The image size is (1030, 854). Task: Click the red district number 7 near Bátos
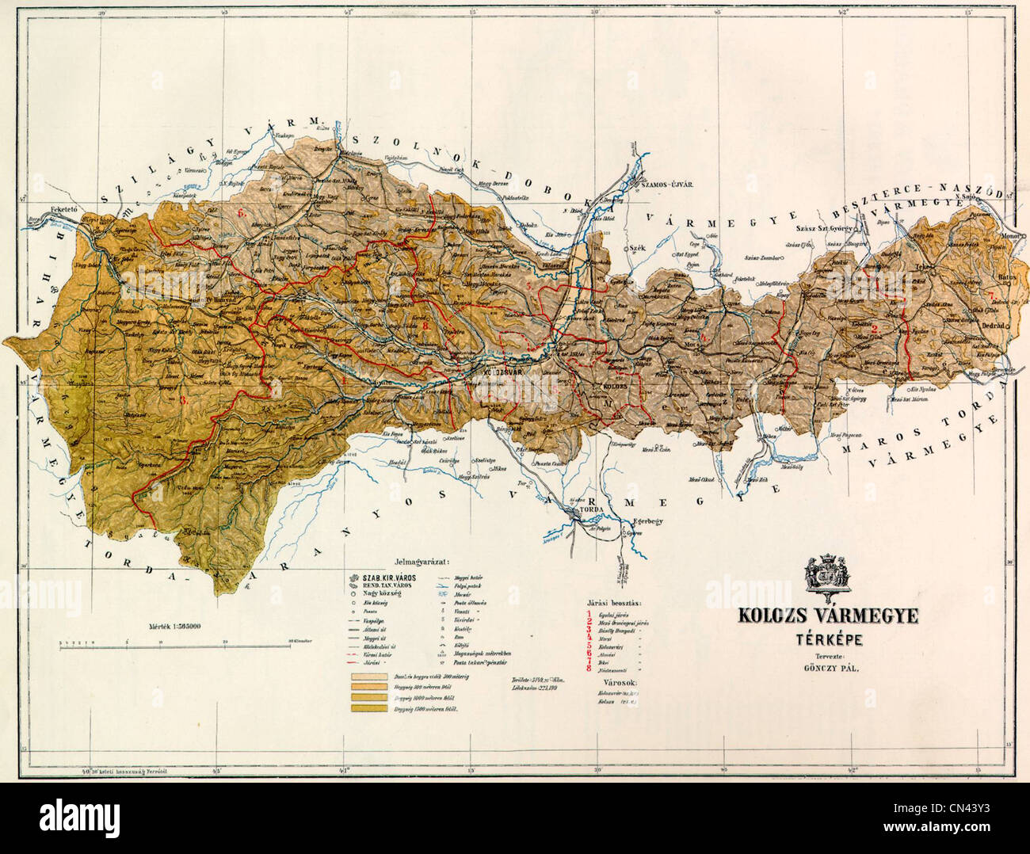point(990,296)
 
